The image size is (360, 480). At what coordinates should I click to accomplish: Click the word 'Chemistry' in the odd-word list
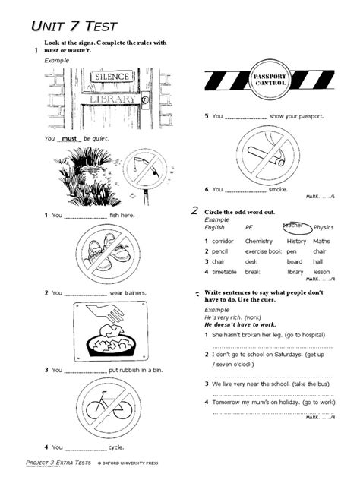[258, 241]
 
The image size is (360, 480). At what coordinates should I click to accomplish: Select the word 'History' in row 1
[296, 241]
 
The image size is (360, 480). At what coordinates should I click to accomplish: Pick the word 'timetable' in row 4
[225, 271]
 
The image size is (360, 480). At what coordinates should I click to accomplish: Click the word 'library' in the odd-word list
[295, 271]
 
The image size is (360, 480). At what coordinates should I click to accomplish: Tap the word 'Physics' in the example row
[324, 226]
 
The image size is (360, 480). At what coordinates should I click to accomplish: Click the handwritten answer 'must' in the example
[71, 139]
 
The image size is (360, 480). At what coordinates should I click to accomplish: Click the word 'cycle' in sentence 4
[117, 447]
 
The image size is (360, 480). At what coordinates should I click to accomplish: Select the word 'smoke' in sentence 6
[278, 188]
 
